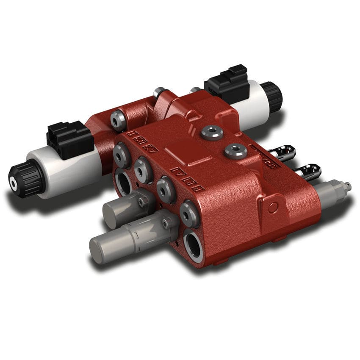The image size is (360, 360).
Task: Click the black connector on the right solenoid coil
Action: tap(227, 83)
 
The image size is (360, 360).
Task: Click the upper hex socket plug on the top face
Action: tap(212, 133)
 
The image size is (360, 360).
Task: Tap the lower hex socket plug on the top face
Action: tap(235, 150)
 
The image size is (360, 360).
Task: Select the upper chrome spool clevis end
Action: tap(283, 153)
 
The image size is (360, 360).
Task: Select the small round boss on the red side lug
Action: tap(273, 207)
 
